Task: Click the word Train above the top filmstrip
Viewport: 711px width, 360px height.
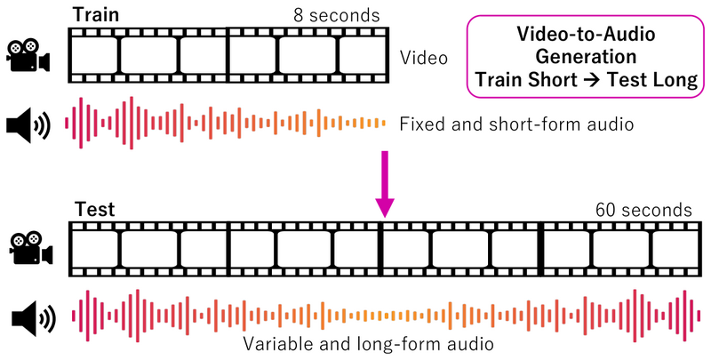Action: pos(96,14)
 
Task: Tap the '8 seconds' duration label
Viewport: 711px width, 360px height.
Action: pos(337,15)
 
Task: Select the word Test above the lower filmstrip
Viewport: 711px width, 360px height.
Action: pos(95,210)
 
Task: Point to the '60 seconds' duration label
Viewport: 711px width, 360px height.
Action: pos(643,211)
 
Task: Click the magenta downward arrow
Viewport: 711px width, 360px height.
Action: pos(385,184)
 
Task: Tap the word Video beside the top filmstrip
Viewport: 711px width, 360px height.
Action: pos(424,58)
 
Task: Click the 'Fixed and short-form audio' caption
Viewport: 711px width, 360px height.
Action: pos(516,124)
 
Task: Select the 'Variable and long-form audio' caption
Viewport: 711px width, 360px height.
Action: pos(368,343)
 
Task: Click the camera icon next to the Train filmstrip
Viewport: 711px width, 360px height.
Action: pos(28,56)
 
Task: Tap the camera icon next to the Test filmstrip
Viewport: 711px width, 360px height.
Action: pos(31,249)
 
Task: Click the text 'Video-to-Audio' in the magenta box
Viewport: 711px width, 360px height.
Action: pos(586,35)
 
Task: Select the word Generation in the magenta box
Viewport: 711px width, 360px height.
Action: pos(586,57)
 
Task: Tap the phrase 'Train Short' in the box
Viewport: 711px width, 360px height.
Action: pos(526,80)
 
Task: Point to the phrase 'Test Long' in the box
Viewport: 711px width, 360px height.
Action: pos(652,80)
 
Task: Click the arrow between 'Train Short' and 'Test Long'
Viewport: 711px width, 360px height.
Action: pos(592,81)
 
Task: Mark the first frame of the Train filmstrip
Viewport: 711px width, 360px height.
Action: pos(95,55)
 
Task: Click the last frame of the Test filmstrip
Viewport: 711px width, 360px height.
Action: pos(675,249)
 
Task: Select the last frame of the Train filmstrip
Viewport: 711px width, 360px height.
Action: pos(363,55)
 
